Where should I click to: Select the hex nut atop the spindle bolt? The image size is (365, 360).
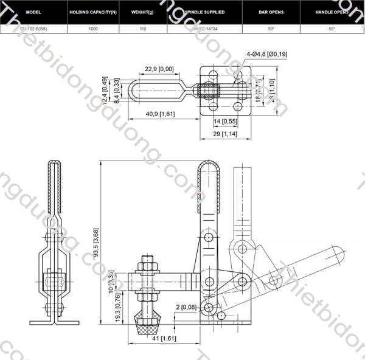(147, 263)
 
